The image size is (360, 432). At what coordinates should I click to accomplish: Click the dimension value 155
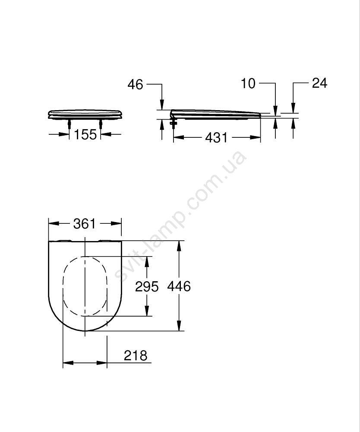point(85,134)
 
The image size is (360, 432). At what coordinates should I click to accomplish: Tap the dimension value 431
point(217,137)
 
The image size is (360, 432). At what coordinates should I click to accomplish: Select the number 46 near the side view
point(136,84)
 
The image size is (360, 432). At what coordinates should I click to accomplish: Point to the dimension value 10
point(248,83)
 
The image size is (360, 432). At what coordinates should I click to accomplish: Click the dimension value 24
point(319,83)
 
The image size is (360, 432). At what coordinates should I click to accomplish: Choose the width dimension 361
point(85,224)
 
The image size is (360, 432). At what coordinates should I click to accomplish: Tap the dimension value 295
point(147,287)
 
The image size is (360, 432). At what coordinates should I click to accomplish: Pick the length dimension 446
point(179,286)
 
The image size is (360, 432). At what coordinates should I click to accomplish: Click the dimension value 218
point(136,356)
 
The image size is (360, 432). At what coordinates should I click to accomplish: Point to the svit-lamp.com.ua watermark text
point(180,218)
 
